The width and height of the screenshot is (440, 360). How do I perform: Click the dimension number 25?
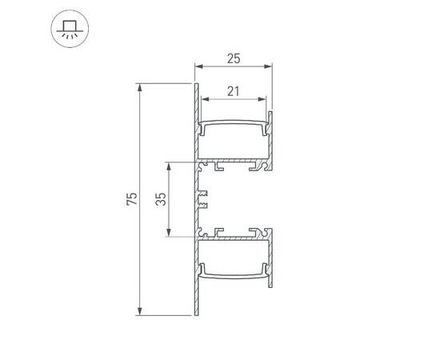click(x=234, y=58)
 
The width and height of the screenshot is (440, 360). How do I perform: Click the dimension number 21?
click(x=234, y=90)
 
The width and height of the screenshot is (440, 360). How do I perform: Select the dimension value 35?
click(x=161, y=199)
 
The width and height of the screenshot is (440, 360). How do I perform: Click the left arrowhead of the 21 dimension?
click(x=203, y=100)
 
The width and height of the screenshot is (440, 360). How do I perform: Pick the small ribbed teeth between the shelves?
click(x=202, y=199)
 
